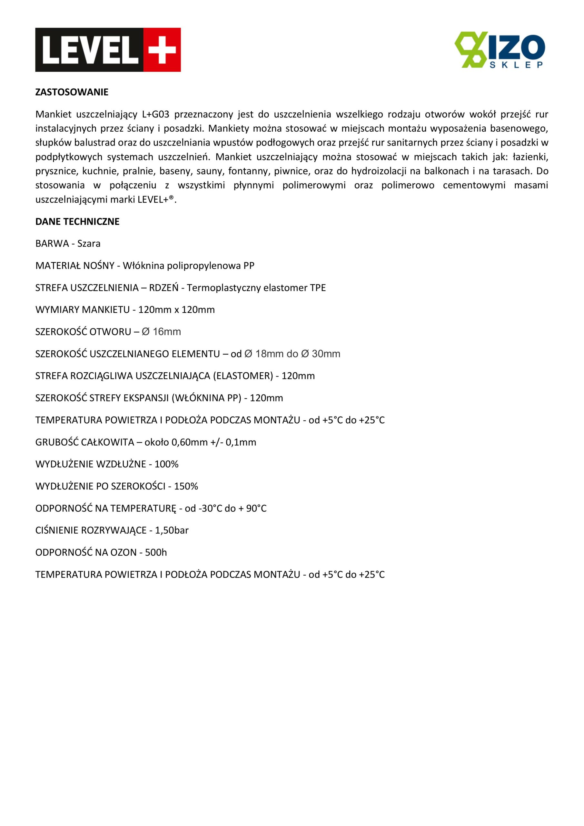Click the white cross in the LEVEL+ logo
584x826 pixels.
[162, 50]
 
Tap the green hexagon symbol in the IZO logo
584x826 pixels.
[471, 49]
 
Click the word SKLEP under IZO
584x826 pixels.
[517, 65]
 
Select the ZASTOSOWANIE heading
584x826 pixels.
[72, 92]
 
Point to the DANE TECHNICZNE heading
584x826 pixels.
[77, 222]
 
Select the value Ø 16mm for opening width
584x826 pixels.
[161, 332]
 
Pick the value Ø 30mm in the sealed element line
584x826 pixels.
[321, 354]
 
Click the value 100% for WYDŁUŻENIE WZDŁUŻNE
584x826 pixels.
[166, 464]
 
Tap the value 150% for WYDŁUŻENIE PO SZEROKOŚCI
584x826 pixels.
[186, 486]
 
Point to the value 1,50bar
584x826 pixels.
[172, 530]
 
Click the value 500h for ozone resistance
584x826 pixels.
[156, 553]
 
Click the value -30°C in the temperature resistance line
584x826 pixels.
[210, 508]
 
